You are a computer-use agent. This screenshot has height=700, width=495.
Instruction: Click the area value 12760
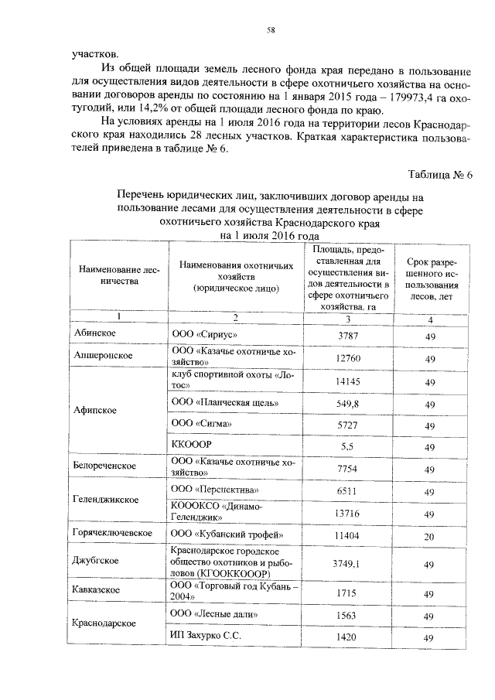click(350, 358)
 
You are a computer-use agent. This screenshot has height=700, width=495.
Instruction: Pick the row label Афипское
click(95, 411)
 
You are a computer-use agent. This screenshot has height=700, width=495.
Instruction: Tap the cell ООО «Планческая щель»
click(224, 403)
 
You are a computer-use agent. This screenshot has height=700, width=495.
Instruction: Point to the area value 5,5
click(350, 447)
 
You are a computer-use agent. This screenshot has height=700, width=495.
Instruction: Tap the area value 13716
click(350, 514)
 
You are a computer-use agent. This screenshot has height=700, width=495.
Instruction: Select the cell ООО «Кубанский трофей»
click(221, 534)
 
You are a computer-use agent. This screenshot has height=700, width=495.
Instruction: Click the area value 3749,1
click(350, 565)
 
